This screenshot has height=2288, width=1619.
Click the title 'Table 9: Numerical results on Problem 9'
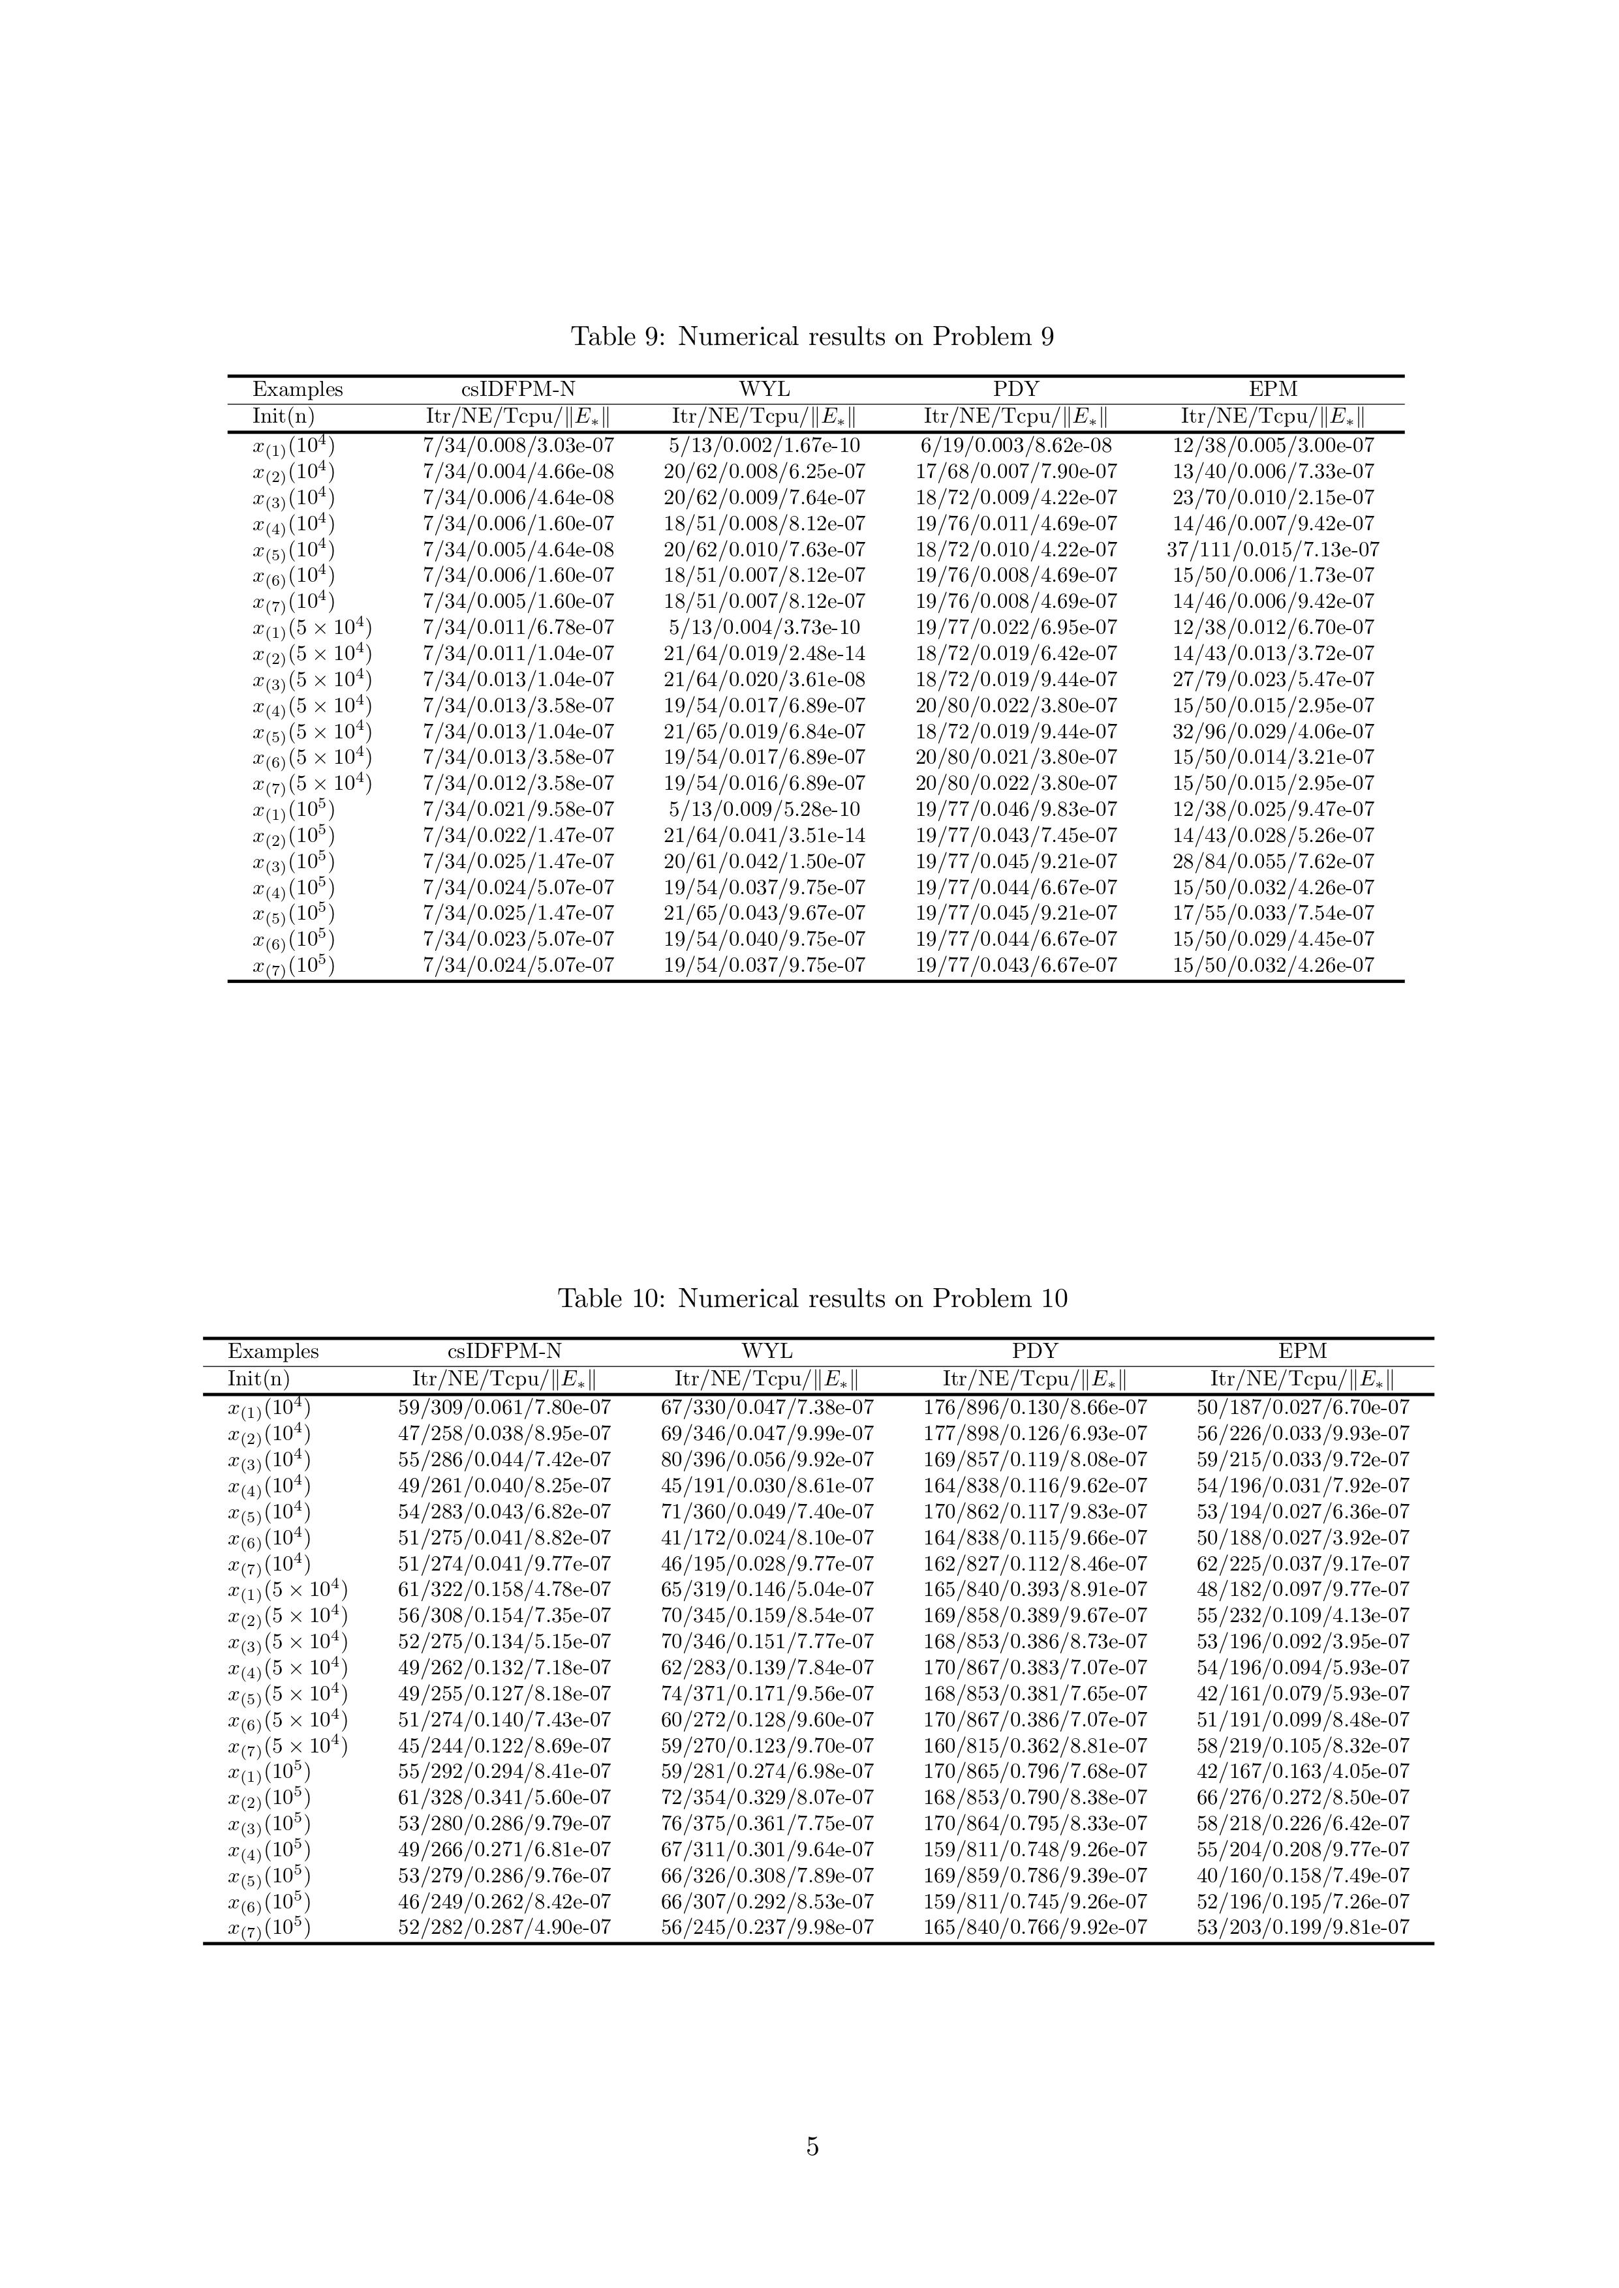[x=812, y=337]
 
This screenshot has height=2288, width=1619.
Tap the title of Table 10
[x=812, y=1299]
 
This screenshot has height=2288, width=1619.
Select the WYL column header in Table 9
[x=765, y=389]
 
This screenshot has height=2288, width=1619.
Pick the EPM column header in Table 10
[x=1303, y=1351]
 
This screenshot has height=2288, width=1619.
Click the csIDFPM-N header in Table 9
[x=517, y=389]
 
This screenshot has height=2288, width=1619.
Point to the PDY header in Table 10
[x=1035, y=1351]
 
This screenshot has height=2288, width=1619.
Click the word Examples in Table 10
[x=273, y=1351]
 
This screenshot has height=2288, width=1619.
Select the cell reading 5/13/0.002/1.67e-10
[x=765, y=446]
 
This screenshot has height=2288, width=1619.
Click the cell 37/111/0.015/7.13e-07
[x=1273, y=550]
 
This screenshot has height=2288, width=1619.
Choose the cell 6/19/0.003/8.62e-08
[x=1016, y=446]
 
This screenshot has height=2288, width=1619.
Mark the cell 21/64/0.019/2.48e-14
[x=765, y=654]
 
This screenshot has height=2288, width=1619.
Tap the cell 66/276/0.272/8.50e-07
[x=1303, y=1798]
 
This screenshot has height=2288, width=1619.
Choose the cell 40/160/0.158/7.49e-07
[x=1303, y=1875]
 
